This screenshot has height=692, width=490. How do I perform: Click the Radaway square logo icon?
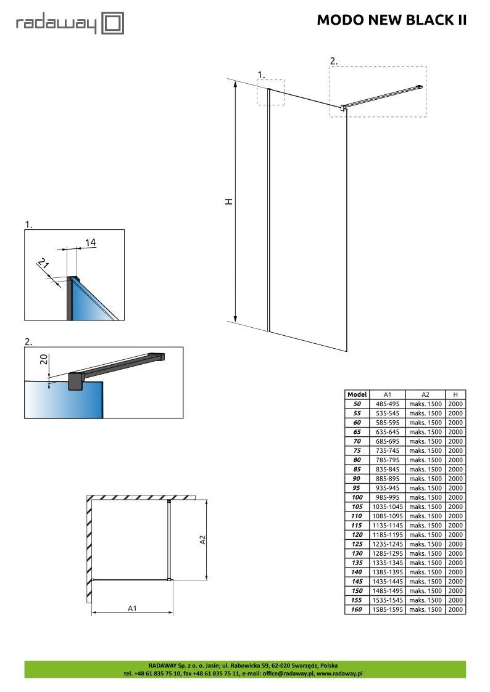(113, 23)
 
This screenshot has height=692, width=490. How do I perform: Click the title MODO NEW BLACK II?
(391, 20)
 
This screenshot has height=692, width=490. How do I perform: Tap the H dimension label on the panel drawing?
(229, 201)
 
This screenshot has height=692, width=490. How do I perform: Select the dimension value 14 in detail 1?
(90, 242)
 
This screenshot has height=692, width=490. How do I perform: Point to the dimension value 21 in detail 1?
(43, 264)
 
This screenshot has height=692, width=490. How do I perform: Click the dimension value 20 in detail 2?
(44, 359)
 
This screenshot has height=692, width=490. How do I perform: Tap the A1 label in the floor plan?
(132, 609)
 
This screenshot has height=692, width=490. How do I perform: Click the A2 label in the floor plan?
(203, 539)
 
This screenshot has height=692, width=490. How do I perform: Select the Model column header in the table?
(357, 394)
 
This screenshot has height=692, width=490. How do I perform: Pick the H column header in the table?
(455, 394)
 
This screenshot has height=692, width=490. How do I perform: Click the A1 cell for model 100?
(388, 497)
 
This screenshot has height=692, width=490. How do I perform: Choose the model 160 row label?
(357, 609)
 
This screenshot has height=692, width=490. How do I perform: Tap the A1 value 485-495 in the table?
(388, 404)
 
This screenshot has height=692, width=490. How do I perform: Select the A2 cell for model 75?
(425, 450)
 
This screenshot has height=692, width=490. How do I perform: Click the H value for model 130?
(455, 553)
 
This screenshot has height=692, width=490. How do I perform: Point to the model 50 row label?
(357, 404)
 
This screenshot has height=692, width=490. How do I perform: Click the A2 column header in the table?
(425, 394)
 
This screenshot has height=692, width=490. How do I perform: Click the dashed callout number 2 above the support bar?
(334, 62)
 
